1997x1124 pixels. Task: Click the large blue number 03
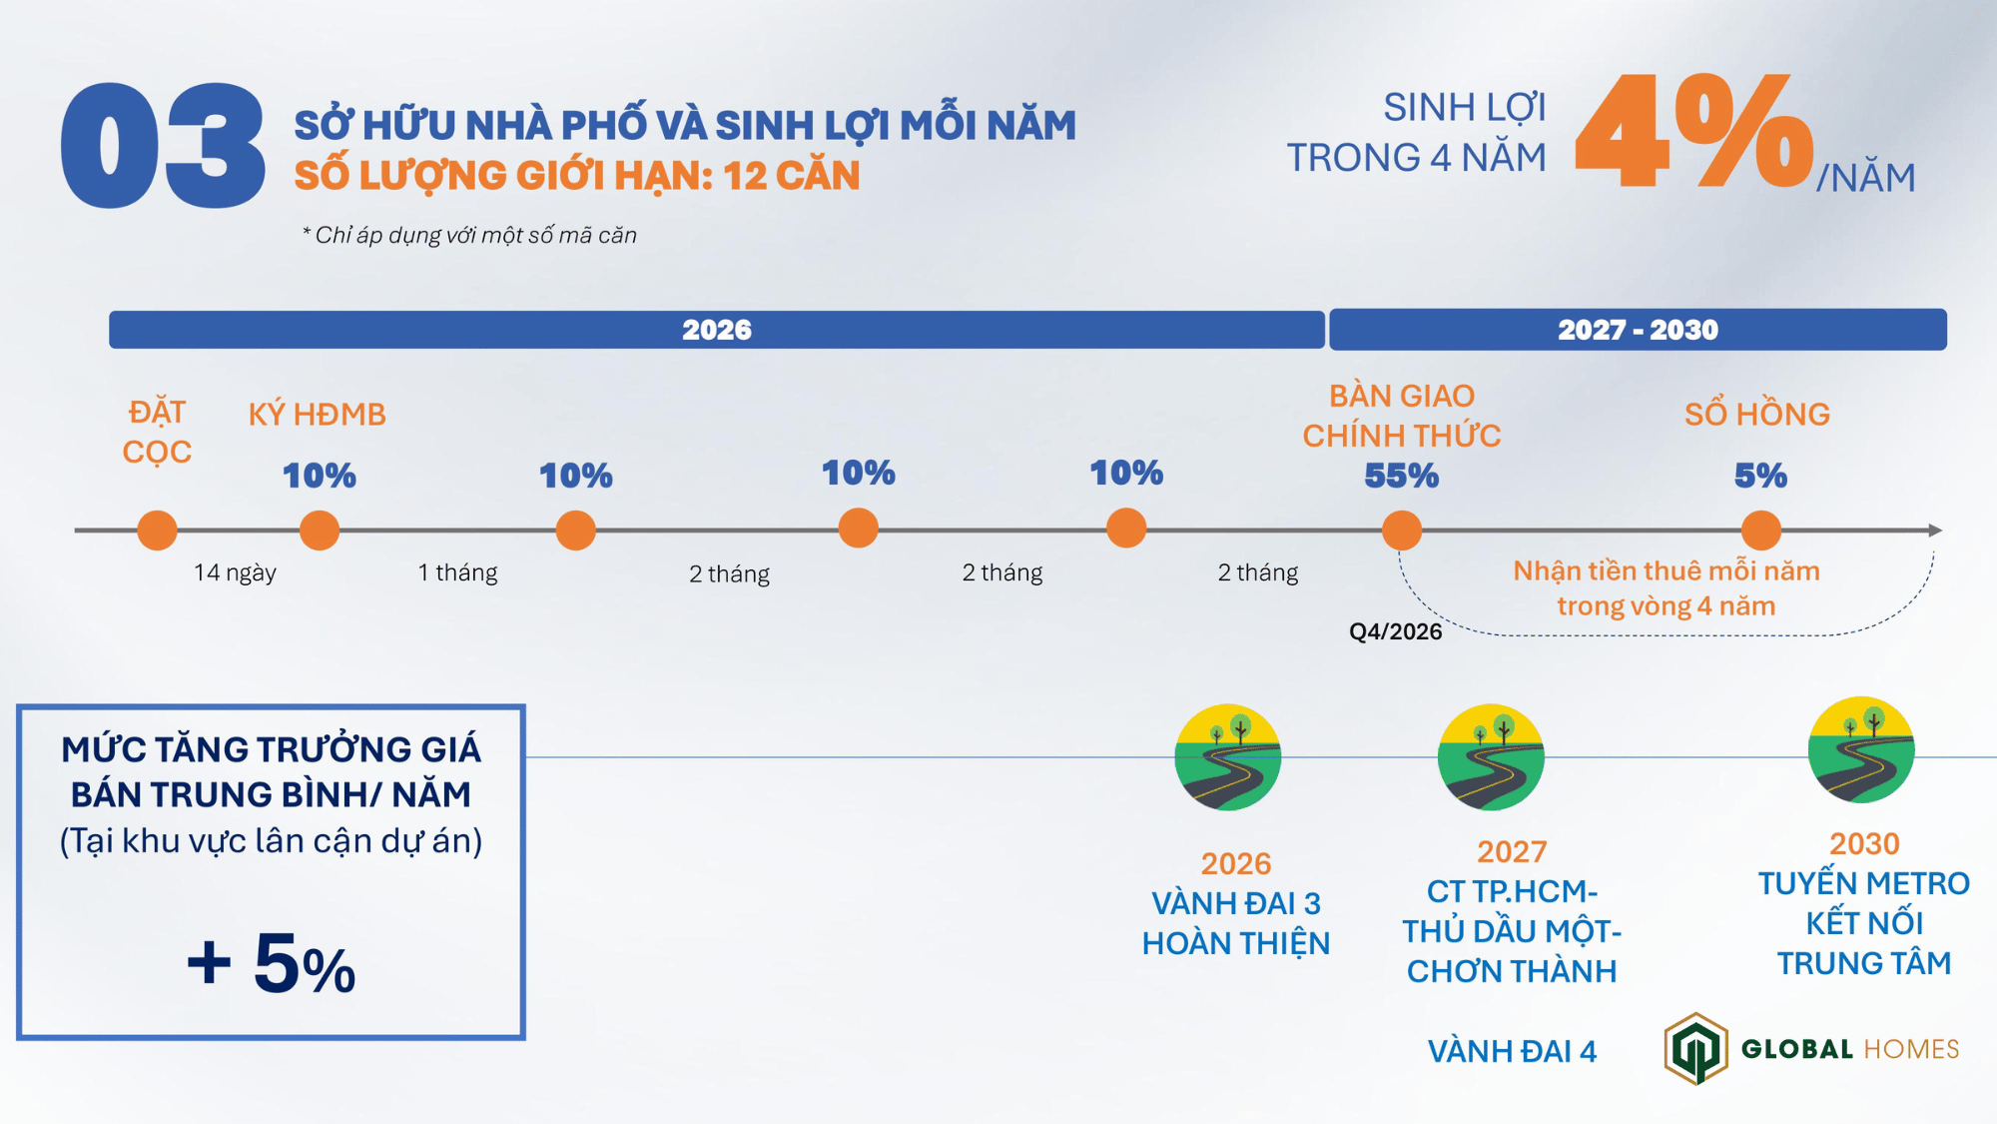tap(163, 146)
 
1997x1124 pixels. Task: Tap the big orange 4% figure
tap(1693, 132)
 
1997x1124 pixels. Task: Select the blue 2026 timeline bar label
tap(716, 330)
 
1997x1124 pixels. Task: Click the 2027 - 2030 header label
tap(1638, 330)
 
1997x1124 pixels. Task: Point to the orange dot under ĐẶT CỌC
tap(157, 530)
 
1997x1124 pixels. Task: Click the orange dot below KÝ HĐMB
tap(320, 530)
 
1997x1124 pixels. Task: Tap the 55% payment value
tap(1401, 476)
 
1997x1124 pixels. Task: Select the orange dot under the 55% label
tap(1401, 530)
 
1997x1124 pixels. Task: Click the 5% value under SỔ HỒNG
tap(1760, 476)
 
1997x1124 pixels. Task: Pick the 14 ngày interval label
tap(235, 572)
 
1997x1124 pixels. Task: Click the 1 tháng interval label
tap(457, 572)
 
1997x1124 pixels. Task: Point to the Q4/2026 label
tap(1395, 631)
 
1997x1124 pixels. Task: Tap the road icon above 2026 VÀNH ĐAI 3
tap(1227, 757)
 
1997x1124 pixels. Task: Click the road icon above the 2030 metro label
tap(1861, 749)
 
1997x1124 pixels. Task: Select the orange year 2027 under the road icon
tap(1512, 851)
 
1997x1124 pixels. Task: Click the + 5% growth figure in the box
tap(271, 964)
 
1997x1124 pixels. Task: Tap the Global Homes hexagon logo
tap(1695, 1048)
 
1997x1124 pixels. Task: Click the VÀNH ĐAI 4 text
tap(1512, 1051)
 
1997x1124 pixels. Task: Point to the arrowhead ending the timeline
tap(1935, 530)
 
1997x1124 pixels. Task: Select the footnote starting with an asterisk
tap(469, 235)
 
